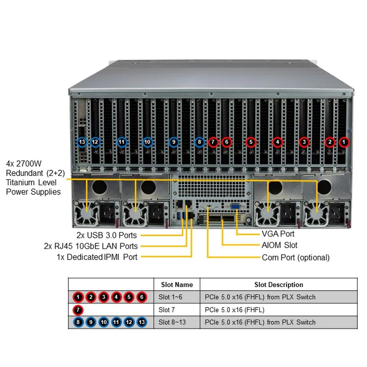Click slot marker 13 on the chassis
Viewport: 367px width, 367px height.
(x=82, y=142)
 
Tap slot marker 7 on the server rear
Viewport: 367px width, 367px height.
(x=213, y=142)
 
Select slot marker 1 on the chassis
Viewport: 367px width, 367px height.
(x=344, y=142)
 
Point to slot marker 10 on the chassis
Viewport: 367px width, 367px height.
(x=147, y=142)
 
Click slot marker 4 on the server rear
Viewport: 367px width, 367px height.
(x=277, y=142)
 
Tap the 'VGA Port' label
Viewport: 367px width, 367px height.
(x=278, y=234)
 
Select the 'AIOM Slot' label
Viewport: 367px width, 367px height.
(x=280, y=245)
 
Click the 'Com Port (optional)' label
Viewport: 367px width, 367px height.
(x=296, y=258)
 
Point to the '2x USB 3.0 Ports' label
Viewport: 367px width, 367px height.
(x=106, y=235)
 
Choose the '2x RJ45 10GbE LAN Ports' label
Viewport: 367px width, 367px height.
(x=91, y=246)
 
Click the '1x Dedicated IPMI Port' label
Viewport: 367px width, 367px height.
(x=97, y=257)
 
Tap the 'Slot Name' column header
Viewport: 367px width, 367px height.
(x=177, y=285)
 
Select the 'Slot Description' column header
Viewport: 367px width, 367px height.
(x=279, y=285)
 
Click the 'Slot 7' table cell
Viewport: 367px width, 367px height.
(x=167, y=310)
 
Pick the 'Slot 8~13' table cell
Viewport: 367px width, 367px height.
(x=172, y=322)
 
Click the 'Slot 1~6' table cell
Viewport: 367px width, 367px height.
(x=170, y=297)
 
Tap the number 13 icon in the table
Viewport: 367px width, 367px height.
(x=142, y=322)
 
